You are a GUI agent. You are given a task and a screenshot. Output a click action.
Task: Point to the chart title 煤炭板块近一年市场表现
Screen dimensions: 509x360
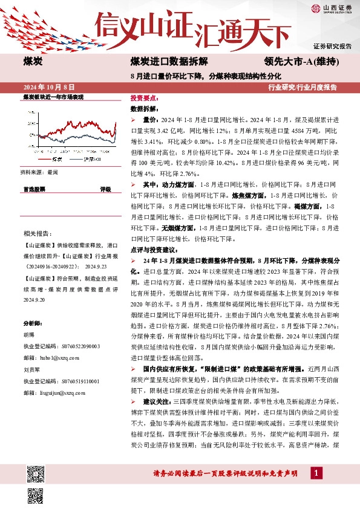[53, 97]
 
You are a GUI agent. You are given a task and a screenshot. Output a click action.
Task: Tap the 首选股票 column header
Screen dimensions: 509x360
[34, 189]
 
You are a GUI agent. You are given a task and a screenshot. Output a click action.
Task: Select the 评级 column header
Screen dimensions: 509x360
[105, 189]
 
